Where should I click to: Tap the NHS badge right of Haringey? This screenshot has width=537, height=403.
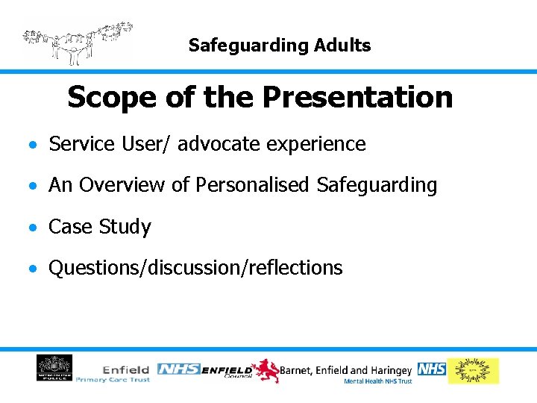click(x=432, y=369)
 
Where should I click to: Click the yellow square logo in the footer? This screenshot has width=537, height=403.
click(x=473, y=371)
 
